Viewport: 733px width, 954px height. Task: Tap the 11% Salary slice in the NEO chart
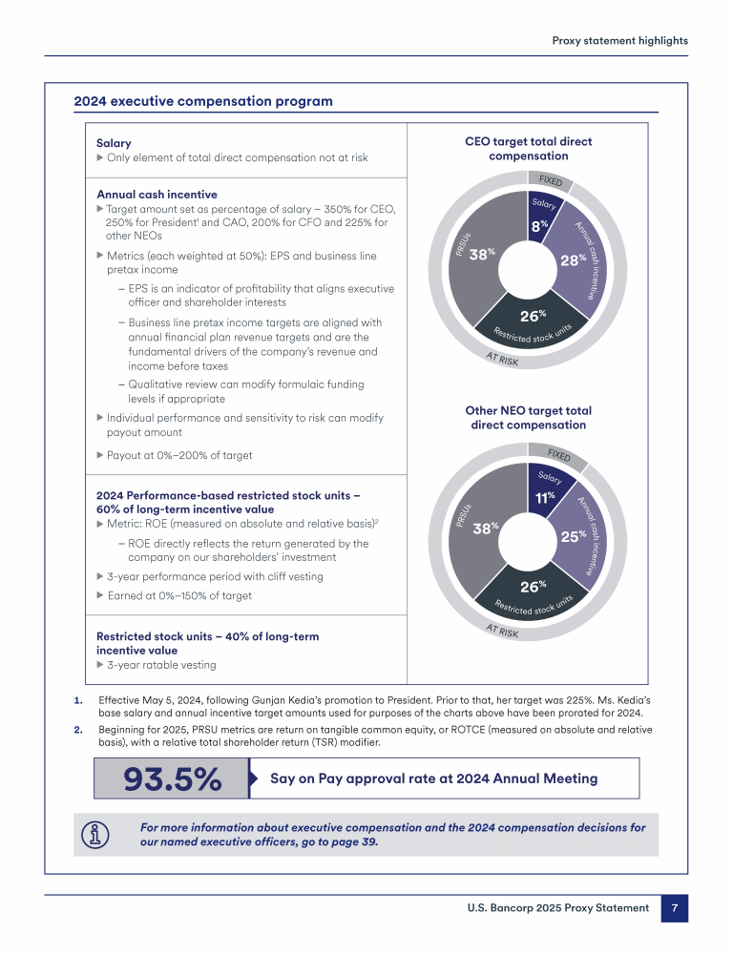(x=547, y=489)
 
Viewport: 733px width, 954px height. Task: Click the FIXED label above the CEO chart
(x=551, y=180)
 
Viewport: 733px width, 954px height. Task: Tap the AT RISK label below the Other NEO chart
(x=502, y=632)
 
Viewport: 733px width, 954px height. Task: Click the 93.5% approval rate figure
(x=172, y=778)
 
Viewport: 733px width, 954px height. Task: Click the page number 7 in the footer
(x=674, y=908)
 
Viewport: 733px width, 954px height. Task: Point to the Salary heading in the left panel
(x=114, y=143)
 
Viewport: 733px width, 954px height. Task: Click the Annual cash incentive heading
(x=157, y=195)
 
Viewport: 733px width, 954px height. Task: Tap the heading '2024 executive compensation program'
(x=203, y=101)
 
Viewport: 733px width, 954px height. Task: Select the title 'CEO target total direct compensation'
(x=528, y=149)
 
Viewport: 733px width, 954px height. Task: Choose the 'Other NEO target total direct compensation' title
(x=528, y=418)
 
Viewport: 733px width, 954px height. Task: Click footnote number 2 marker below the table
(x=78, y=730)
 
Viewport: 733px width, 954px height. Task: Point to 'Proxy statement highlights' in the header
(x=619, y=41)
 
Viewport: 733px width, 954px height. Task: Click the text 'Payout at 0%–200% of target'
(x=179, y=455)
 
